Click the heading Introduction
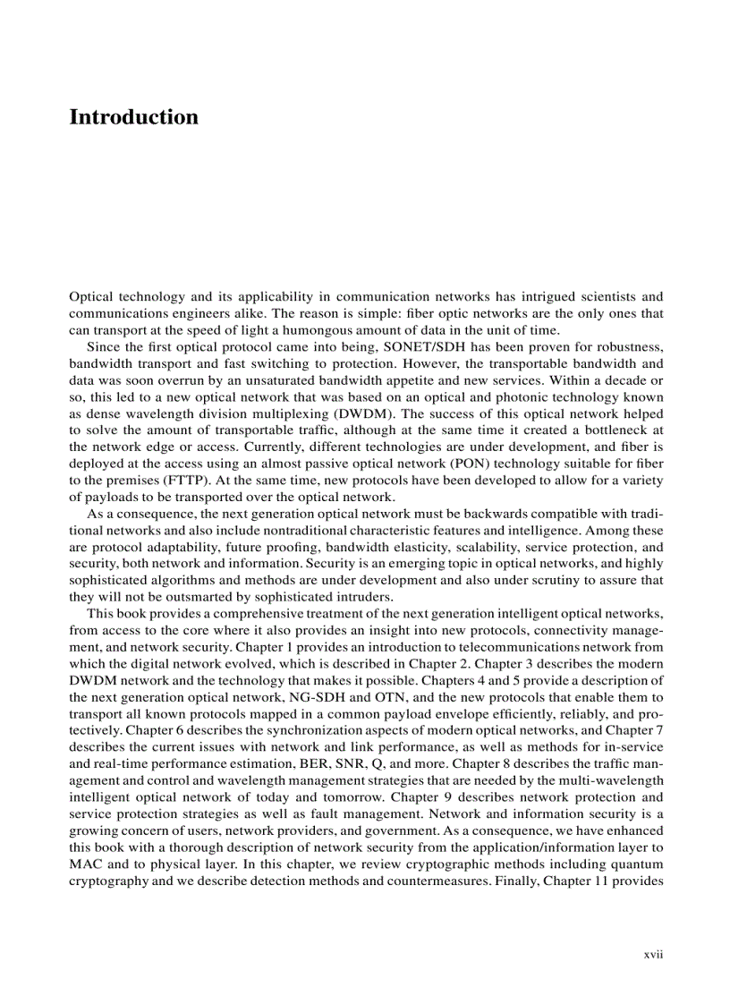click(133, 117)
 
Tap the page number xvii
click(653, 954)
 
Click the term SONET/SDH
click(403, 347)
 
